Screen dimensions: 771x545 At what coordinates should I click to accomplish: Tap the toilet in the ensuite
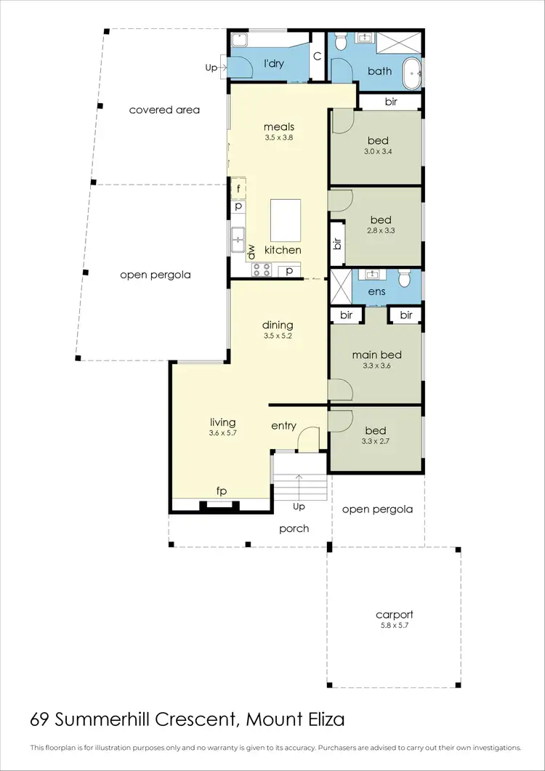pyautogui.click(x=407, y=279)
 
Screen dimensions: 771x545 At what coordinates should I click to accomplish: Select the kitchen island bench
pyautogui.click(x=286, y=221)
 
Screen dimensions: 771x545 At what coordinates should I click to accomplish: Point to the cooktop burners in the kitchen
pyautogui.click(x=262, y=270)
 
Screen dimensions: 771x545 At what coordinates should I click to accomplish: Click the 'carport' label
pyautogui.click(x=394, y=614)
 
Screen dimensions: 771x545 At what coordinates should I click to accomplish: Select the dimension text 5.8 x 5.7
pyautogui.click(x=394, y=625)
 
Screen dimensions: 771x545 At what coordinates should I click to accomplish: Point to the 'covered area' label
pyautogui.click(x=164, y=110)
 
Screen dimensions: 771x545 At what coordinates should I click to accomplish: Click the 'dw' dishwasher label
pyautogui.click(x=251, y=251)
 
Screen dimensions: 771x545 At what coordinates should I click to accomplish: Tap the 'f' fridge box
pyautogui.click(x=238, y=188)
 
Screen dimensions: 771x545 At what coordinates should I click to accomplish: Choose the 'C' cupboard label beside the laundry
pyautogui.click(x=317, y=57)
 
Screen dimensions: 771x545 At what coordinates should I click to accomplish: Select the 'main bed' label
pyautogui.click(x=376, y=355)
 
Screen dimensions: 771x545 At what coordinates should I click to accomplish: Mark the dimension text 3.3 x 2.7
pyautogui.click(x=376, y=440)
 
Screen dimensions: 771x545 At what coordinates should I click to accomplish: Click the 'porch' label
pyautogui.click(x=294, y=528)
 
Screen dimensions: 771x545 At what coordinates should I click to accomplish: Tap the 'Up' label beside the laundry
pyautogui.click(x=211, y=68)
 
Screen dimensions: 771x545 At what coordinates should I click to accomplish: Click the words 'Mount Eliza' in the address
pyautogui.click(x=295, y=719)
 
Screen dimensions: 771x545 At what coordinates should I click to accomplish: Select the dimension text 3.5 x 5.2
pyautogui.click(x=278, y=336)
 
